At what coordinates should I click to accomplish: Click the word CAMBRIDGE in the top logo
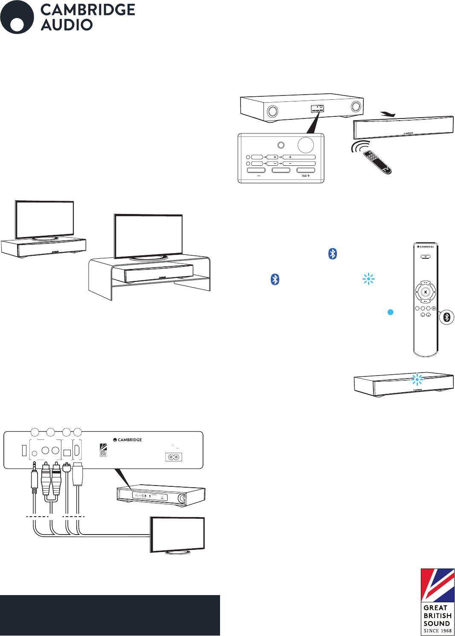point(88,10)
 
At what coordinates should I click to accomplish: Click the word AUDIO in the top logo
point(67,25)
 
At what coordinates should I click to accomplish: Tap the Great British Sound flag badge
point(438,601)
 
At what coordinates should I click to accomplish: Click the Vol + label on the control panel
point(306,176)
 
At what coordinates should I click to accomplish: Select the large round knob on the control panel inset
point(306,145)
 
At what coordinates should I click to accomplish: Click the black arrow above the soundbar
point(388,114)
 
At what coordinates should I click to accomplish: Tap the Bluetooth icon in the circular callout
point(447,317)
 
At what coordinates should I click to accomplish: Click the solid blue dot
point(390,312)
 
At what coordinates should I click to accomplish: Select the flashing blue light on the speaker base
point(417,379)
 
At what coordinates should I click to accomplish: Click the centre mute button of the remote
point(425,292)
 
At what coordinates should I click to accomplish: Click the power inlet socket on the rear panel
point(174,457)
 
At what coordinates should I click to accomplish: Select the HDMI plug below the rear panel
point(78,474)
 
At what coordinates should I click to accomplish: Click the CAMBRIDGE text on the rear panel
point(130,439)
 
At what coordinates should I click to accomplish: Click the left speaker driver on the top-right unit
point(272,111)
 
